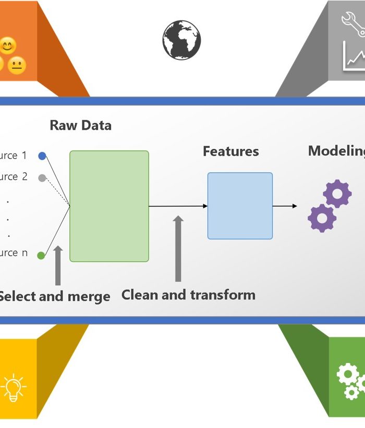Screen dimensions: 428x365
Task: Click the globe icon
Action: (x=181, y=40)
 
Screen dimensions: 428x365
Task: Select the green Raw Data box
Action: (x=109, y=206)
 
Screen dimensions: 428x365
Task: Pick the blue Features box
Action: (x=240, y=206)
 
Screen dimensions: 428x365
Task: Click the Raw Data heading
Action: (x=80, y=125)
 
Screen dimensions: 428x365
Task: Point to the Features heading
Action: (x=230, y=152)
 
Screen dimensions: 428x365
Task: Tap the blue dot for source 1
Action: (x=42, y=156)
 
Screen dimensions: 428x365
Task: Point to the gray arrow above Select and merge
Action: (x=58, y=266)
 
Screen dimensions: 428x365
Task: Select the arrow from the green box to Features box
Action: (x=178, y=206)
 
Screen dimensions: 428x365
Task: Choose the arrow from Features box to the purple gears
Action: (x=285, y=206)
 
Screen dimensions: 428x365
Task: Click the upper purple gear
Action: (x=337, y=194)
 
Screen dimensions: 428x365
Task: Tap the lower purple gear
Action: (x=321, y=218)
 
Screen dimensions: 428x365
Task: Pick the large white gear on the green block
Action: (x=348, y=374)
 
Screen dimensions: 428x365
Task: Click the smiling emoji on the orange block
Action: (x=7, y=46)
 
